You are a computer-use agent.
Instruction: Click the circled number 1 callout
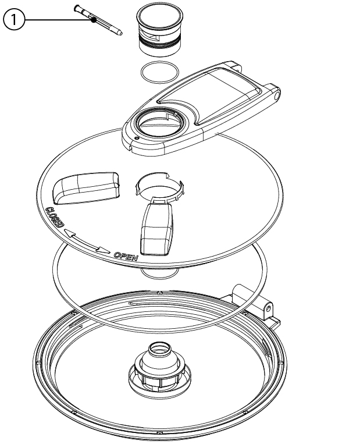coord(14,20)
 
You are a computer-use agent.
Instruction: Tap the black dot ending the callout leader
coord(94,20)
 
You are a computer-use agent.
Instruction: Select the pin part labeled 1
coord(98,20)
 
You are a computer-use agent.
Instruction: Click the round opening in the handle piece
coord(160,123)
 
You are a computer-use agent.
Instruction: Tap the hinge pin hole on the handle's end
coord(277,95)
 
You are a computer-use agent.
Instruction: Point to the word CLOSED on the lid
coord(55,217)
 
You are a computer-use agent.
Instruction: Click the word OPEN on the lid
coord(126,256)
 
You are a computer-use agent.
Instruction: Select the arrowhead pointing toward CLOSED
coord(70,233)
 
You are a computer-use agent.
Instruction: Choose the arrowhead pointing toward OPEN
coord(103,250)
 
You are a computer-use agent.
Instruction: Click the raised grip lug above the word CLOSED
coord(86,187)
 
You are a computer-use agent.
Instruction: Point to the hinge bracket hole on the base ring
coord(268,308)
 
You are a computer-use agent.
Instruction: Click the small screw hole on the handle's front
coord(137,138)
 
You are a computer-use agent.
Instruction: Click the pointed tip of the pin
coord(121,33)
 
